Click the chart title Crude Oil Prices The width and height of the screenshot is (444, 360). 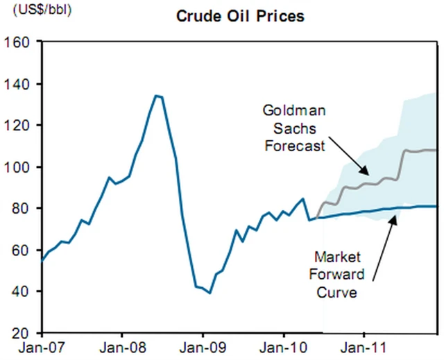[240, 16]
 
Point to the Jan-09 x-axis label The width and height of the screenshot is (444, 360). [203, 347]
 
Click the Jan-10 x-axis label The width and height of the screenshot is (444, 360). [283, 347]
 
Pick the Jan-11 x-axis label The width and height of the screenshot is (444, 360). [364, 347]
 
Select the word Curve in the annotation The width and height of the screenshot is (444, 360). [338, 292]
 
